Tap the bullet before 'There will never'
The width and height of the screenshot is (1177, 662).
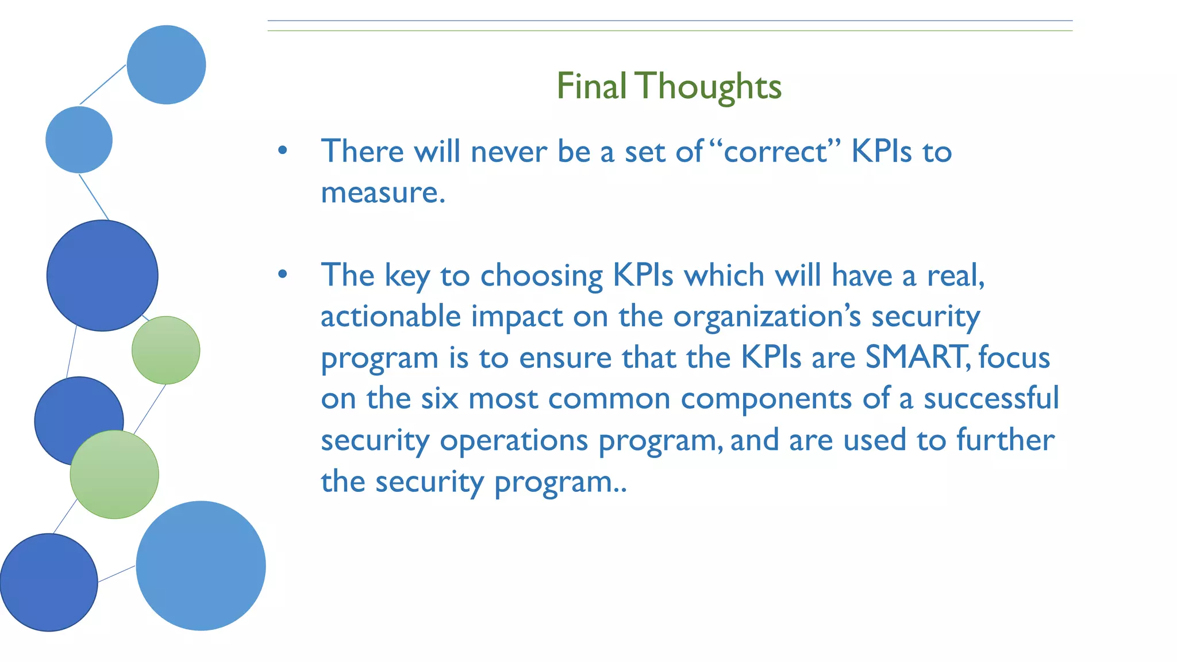(x=282, y=151)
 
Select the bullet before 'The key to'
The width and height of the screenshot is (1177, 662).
(x=282, y=275)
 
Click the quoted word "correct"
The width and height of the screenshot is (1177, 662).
(x=775, y=152)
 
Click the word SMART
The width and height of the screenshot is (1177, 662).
(x=916, y=357)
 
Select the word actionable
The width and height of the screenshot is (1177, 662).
(x=390, y=317)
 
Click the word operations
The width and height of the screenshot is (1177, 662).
(x=514, y=441)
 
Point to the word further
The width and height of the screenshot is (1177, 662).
(x=1005, y=440)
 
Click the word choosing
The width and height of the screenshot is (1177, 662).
(x=541, y=276)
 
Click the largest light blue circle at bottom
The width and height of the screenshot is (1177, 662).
(x=201, y=565)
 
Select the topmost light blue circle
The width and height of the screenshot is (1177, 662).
(x=166, y=64)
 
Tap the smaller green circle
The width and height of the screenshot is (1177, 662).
(x=166, y=350)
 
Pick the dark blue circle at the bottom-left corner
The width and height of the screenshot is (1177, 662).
(x=49, y=582)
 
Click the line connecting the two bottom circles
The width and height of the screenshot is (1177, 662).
(x=117, y=574)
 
